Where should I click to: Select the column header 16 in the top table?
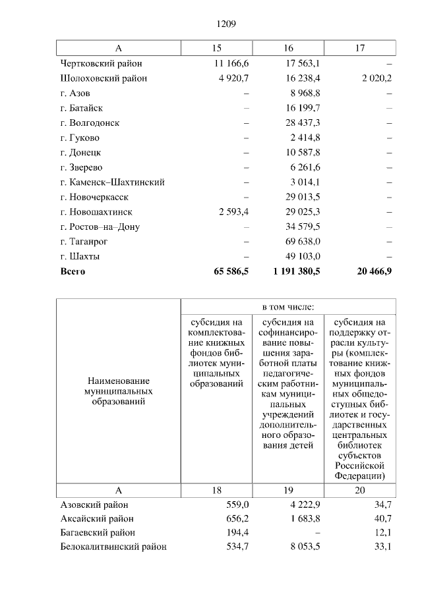point(288,49)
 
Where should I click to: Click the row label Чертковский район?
point(100,64)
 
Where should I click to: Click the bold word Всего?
point(73,271)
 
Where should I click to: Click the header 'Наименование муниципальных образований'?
point(118,391)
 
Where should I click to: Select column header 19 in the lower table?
point(288,491)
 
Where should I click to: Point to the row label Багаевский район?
point(98,532)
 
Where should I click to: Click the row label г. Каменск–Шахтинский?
point(112,182)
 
